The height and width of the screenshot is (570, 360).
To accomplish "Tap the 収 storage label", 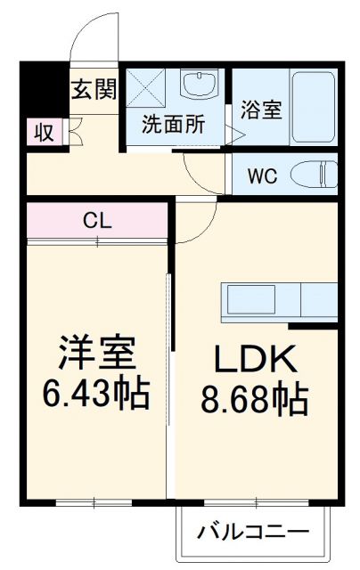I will click(44, 133).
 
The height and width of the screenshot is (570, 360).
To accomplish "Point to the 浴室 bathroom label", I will click(260, 110).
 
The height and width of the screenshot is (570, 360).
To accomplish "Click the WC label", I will click(262, 175).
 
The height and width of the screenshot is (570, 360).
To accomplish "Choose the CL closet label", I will click(97, 220).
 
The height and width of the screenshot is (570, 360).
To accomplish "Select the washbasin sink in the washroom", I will click(197, 86).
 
